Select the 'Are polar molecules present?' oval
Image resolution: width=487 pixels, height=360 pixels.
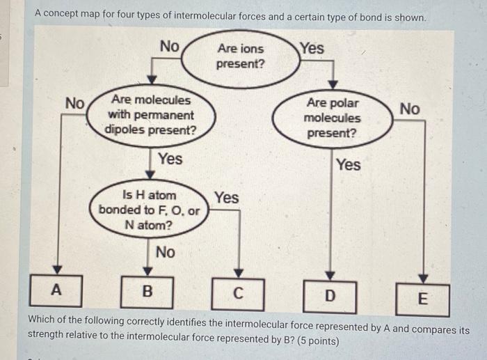pyautogui.click(x=333, y=118)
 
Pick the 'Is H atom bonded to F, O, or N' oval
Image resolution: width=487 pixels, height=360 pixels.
pyautogui.click(x=149, y=209)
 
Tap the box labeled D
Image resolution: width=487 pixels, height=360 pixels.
pyautogui.click(x=330, y=296)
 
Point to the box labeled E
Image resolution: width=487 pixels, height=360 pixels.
pyautogui.click(x=422, y=300)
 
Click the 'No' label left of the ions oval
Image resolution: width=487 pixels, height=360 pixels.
pyautogui.click(x=169, y=47)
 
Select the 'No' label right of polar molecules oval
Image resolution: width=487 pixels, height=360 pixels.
pyautogui.click(x=410, y=109)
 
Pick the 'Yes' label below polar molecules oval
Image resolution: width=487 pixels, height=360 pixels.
pyautogui.click(x=348, y=165)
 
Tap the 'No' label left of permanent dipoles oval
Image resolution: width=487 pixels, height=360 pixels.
pyautogui.click(x=74, y=103)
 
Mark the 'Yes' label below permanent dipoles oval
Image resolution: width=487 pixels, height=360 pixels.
pyautogui.click(x=170, y=159)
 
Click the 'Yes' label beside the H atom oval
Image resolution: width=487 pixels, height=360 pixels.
pyautogui.click(x=226, y=198)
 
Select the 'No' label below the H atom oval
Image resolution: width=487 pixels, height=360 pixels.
pyautogui.click(x=165, y=252)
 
